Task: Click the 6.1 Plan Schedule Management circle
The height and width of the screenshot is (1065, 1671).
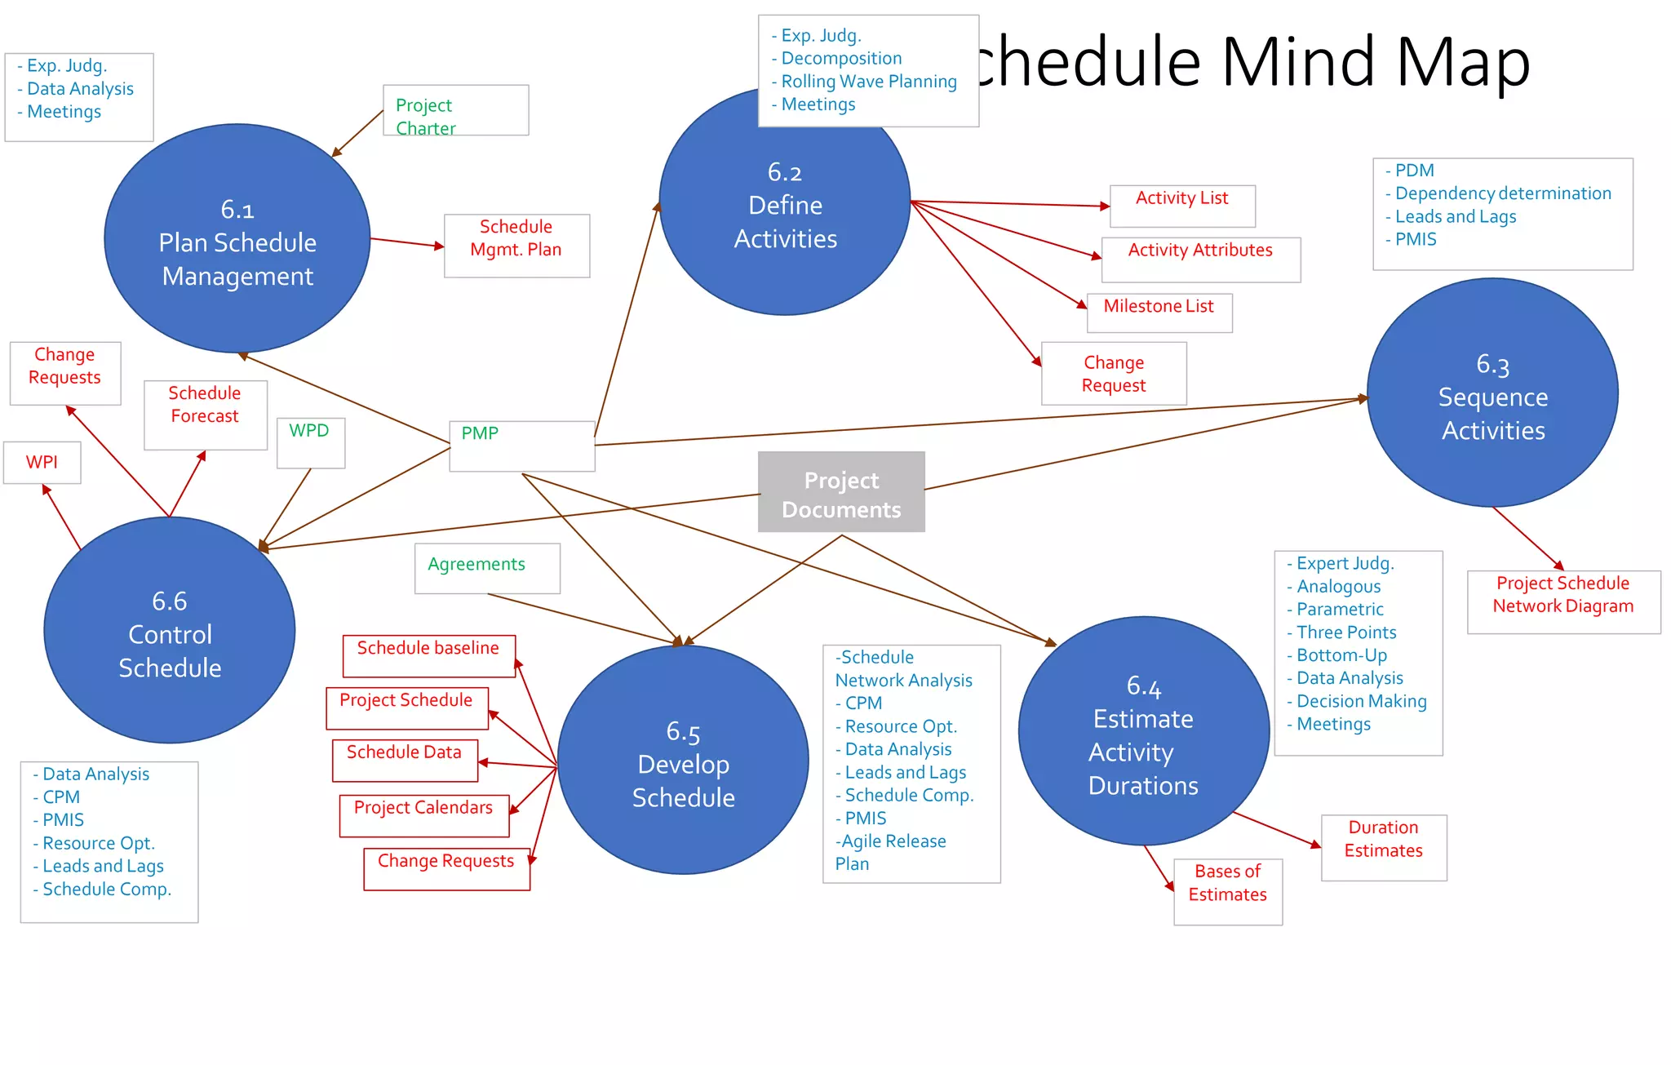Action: coord(237,239)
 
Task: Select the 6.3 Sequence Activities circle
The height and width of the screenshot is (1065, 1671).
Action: coord(1492,393)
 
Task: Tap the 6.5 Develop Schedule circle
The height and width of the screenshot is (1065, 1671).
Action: coord(683,761)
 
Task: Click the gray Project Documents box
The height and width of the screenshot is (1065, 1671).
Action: coord(841,492)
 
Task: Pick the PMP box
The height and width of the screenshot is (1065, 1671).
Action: coord(522,446)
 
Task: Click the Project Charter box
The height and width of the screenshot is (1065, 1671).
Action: coord(455,111)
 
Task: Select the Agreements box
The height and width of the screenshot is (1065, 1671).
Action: coord(487,568)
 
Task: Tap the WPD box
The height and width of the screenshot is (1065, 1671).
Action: coord(311,442)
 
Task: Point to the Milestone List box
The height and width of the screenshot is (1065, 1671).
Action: coord(1159,313)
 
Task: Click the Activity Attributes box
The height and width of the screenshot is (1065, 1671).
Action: coord(1200,259)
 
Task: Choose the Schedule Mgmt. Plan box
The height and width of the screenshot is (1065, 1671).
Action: coord(516,246)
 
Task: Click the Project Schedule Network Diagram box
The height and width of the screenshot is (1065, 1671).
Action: coord(1562,601)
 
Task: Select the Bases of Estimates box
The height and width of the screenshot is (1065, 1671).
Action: coord(1227,891)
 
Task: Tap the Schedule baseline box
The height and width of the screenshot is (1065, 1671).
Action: coord(428,655)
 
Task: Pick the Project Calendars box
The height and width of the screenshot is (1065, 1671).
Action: coord(423,814)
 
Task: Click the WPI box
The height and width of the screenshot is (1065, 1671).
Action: coord(42,463)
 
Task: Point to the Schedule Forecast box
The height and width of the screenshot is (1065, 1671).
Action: coord(205,414)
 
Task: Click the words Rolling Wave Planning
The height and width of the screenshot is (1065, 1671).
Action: coord(869,82)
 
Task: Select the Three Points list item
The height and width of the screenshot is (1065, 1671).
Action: coord(1346,632)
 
